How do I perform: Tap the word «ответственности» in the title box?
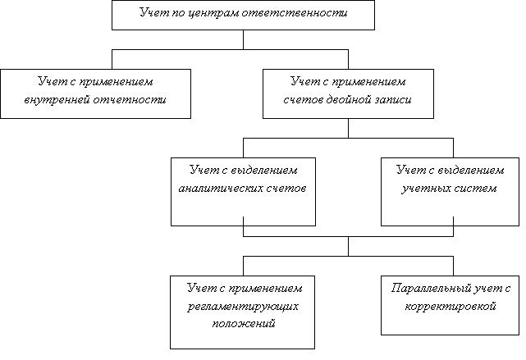click(x=295, y=13)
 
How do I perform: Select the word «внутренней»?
click(x=57, y=100)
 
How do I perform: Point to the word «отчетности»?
click(x=130, y=100)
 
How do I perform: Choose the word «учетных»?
click(x=426, y=189)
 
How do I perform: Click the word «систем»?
click(x=475, y=189)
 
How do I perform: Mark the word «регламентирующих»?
click(x=243, y=307)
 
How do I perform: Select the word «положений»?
click(x=244, y=324)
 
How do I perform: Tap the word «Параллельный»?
click(x=430, y=289)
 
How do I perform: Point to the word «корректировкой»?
click(x=451, y=307)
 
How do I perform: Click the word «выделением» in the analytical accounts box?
click(x=264, y=171)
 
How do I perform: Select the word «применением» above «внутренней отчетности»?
click(x=117, y=82)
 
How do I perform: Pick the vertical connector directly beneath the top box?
click(x=243, y=40)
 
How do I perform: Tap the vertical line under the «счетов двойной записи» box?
click(x=348, y=128)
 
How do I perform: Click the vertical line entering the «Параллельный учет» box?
click(x=453, y=267)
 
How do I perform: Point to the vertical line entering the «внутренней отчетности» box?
click(x=112, y=60)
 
